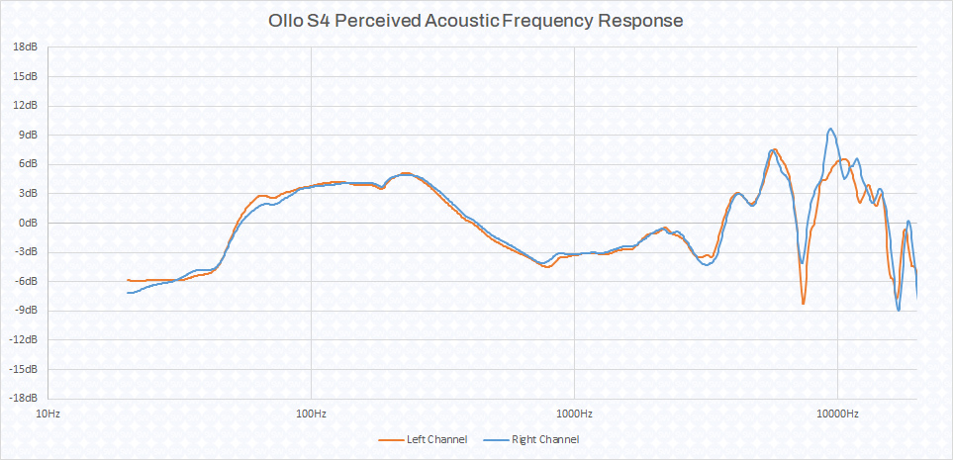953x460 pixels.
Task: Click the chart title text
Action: coord(476,20)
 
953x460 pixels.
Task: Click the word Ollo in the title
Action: coord(286,20)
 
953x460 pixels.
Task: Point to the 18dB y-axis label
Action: coord(26,46)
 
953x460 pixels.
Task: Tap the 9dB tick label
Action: coord(28,135)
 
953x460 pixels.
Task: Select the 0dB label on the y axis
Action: coord(28,223)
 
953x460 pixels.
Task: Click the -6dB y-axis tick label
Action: coord(26,281)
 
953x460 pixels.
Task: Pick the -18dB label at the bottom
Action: coord(24,399)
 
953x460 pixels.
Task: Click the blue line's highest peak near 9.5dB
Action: coord(830,129)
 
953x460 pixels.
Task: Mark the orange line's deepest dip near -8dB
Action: coord(804,304)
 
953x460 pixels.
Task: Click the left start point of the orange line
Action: coord(128,280)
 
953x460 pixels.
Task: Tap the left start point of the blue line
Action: coord(128,293)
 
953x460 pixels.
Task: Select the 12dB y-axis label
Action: coord(26,105)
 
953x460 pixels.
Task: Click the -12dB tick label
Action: coord(24,340)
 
